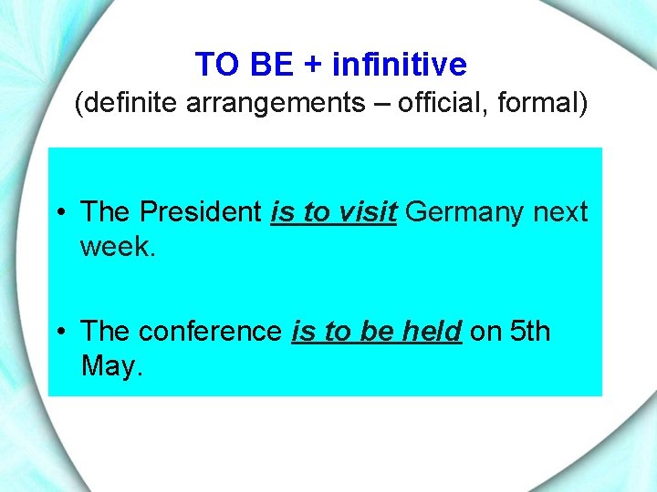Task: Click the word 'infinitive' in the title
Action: pos(400,65)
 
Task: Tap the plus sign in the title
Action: pos(311,66)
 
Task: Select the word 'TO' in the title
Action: pos(216,65)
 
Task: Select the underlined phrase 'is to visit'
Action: pos(334,212)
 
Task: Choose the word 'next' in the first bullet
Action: pos(560,212)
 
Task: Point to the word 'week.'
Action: pos(118,246)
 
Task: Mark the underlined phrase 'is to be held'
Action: pos(376,332)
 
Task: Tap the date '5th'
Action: pos(530,332)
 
